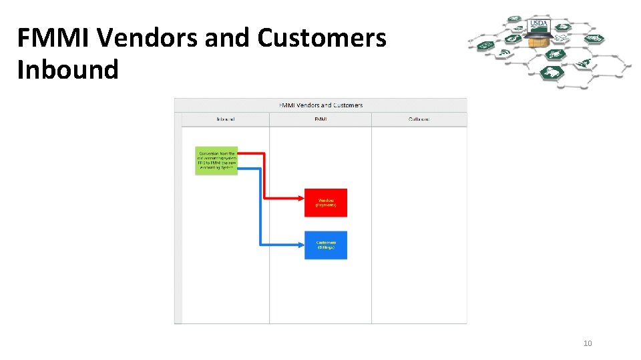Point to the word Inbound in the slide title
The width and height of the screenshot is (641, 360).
[x=67, y=69]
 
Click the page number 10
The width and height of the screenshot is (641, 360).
[x=588, y=343]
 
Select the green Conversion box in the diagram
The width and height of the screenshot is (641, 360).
[x=216, y=161]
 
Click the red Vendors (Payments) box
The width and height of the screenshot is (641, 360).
[x=326, y=203]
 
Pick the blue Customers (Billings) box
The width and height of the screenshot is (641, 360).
[x=326, y=245]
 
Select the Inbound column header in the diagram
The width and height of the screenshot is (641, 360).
[x=225, y=119]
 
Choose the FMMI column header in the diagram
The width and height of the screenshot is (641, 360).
[x=320, y=119]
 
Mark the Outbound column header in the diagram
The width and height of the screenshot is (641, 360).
[x=419, y=119]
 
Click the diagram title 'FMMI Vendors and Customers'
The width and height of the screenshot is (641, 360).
[x=320, y=105]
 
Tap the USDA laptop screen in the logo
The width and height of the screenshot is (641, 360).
[x=538, y=27]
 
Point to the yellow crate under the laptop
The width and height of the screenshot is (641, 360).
[x=538, y=42]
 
